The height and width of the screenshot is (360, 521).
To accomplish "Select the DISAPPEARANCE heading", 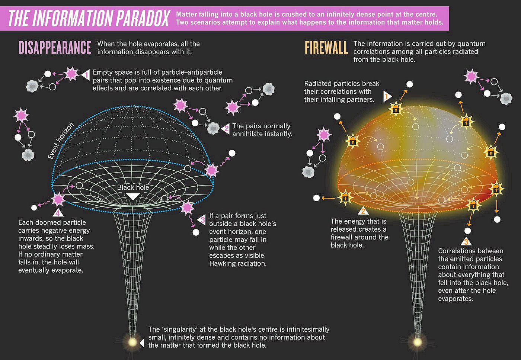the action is pos(55,48).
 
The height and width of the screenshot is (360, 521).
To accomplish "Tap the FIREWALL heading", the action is pos(326,48).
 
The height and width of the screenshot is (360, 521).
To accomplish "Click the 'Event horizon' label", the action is pos(61,141).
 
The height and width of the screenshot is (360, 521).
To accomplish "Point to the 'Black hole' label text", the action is pos(133,187).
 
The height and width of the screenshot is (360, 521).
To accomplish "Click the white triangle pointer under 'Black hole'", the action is pos(133,197).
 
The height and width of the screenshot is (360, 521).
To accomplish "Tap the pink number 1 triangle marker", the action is pos(85,75).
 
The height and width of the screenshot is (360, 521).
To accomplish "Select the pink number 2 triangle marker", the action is pos(225,129).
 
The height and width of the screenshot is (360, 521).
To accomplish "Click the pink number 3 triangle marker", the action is pos(201,220).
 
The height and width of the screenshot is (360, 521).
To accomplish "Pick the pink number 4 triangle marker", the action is pos(58,212).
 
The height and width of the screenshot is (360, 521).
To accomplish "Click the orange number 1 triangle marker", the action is pos(387,96).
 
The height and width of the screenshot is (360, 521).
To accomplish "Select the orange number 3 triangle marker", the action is pos(466,241).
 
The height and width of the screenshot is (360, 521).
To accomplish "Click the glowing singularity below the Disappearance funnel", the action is pos(132,342).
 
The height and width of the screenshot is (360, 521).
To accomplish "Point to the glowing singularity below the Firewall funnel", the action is pos(418,342).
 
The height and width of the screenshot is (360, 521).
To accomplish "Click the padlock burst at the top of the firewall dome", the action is pos(396,108).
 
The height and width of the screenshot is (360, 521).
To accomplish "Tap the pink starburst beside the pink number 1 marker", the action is pos(71,74).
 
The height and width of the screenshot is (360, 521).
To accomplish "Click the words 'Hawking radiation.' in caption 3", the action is pos(238,264).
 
